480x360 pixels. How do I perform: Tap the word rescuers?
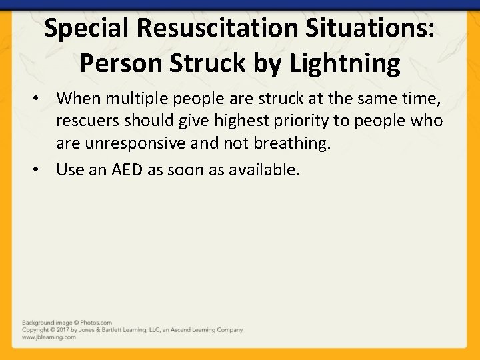tap(87, 120)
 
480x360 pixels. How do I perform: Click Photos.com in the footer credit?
tap(97, 323)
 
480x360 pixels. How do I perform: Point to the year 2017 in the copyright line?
tap(62, 330)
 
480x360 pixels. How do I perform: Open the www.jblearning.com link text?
tap(49, 337)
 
